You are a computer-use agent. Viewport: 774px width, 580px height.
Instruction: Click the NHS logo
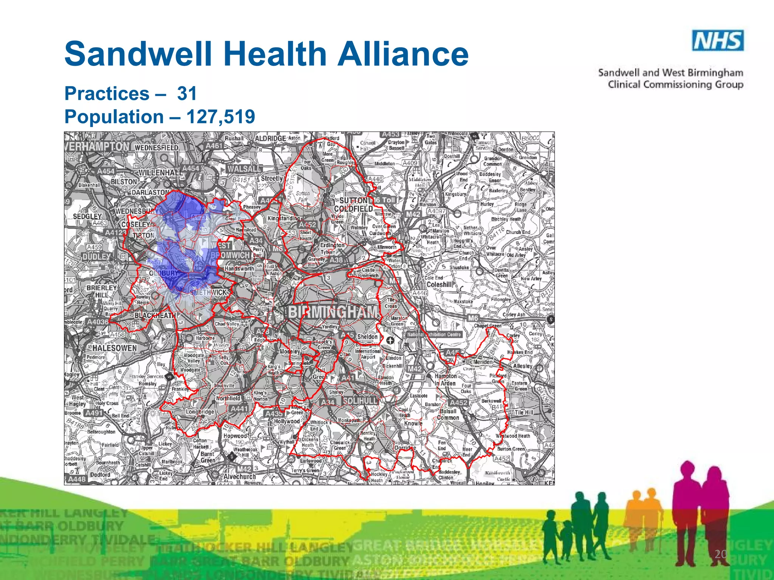[x=718, y=40]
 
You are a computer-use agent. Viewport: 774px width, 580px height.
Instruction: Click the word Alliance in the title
[x=403, y=54]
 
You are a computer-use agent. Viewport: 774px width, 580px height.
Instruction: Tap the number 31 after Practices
[x=187, y=93]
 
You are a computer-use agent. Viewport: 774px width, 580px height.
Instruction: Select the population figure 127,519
[x=221, y=116]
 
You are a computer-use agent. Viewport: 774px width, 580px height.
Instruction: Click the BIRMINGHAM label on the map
[x=333, y=312]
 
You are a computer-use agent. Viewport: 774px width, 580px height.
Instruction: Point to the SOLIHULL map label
[x=360, y=401]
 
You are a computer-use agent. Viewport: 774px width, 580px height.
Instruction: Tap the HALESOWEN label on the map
[x=115, y=348]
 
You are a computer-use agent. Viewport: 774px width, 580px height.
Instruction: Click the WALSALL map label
[x=244, y=169]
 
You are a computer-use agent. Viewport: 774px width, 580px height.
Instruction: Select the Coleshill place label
[x=439, y=284]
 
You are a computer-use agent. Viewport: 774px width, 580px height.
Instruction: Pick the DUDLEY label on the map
[x=96, y=257]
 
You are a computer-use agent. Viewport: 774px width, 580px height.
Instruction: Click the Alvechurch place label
[x=240, y=477]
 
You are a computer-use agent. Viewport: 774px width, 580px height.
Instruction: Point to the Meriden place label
[x=483, y=362]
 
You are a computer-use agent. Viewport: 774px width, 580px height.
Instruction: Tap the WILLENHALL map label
[x=160, y=173]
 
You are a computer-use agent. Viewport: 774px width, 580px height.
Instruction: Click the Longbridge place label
[x=200, y=412]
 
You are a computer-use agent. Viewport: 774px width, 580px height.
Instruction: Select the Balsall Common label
[x=448, y=414]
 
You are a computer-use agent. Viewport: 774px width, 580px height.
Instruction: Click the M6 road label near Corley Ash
[x=473, y=318]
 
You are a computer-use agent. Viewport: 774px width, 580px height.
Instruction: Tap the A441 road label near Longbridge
[x=239, y=409]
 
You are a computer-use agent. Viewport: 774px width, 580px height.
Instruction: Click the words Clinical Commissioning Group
[x=675, y=84]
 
